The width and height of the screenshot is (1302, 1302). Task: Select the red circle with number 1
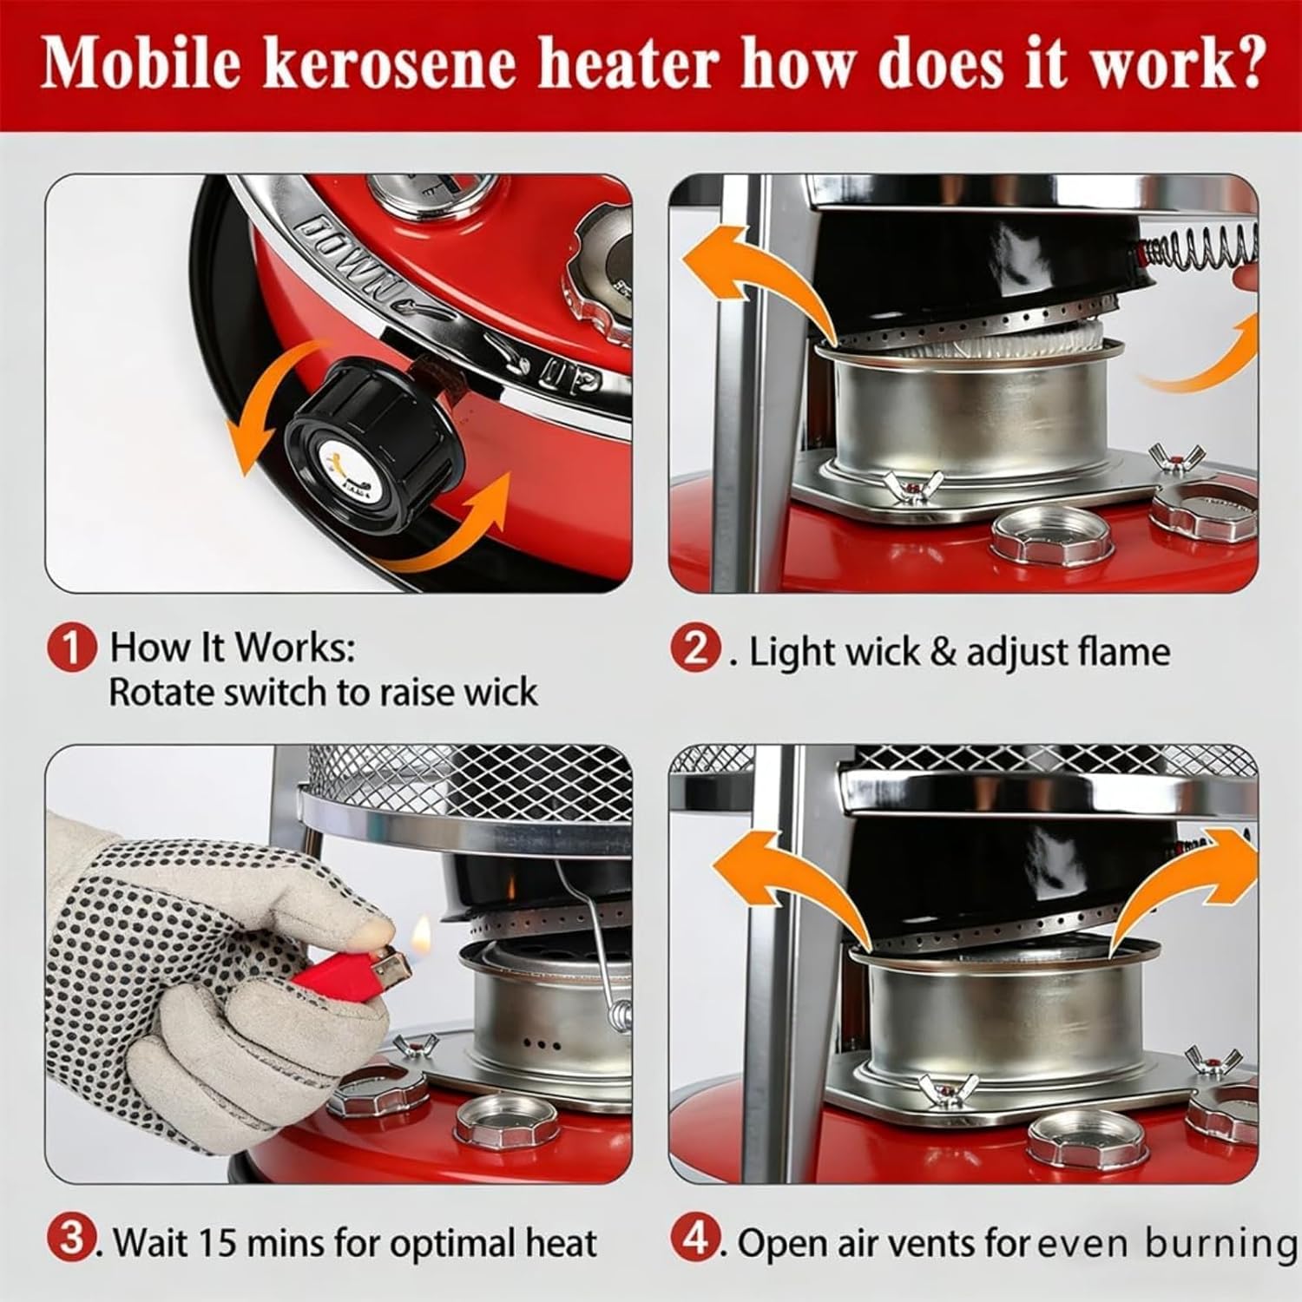[70, 649]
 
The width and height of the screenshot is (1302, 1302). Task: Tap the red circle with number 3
[70, 1241]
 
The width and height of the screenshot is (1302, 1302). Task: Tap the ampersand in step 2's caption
[943, 652]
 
